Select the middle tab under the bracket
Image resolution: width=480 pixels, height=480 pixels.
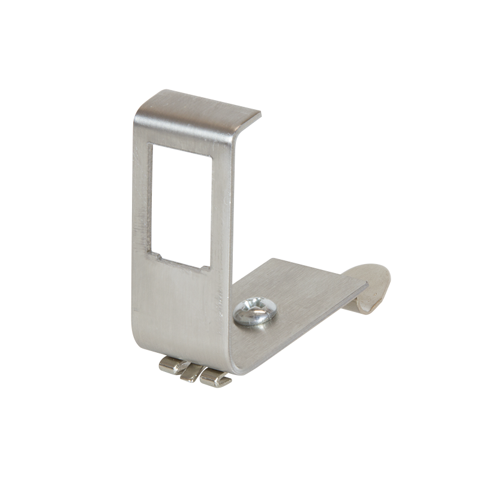point(191,373)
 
